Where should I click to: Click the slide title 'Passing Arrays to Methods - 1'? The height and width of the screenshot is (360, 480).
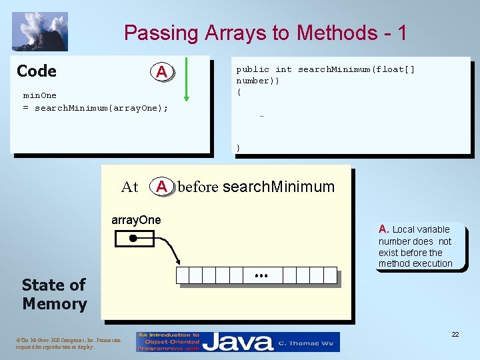265,33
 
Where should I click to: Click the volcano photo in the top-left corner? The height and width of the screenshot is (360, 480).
39,31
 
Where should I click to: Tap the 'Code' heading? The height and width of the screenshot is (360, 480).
37,71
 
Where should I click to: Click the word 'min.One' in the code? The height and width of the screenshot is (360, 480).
40,95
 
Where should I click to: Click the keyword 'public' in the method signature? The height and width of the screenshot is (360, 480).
253,69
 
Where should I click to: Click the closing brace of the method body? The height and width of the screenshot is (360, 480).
239,147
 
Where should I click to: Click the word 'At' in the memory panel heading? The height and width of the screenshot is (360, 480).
130,187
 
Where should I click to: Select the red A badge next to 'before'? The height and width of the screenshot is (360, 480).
161,187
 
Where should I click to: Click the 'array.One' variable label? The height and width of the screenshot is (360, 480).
136,220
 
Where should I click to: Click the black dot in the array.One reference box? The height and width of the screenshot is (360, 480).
133,238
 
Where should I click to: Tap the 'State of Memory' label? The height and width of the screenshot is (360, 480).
54,294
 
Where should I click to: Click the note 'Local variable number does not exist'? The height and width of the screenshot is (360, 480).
415,246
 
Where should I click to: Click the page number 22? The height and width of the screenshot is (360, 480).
455,334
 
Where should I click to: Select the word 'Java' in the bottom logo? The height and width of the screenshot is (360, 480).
237,342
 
